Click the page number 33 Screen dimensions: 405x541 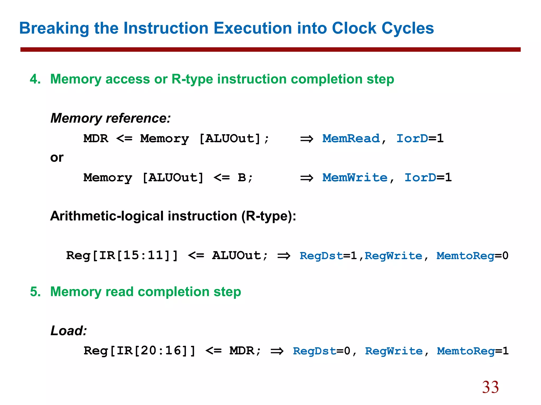coord(490,387)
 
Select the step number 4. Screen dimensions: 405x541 coord(35,79)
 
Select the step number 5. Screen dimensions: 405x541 coord(35,292)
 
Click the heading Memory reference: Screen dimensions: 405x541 coord(110,118)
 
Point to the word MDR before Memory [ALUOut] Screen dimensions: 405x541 coord(96,138)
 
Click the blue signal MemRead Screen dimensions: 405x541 coord(351,138)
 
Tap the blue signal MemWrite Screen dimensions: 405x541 coord(355,177)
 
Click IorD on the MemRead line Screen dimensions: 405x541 coord(412,138)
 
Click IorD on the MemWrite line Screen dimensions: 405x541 coord(420,177)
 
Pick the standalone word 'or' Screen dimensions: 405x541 coord(57,158)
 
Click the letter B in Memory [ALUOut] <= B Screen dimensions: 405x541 coord(242,177)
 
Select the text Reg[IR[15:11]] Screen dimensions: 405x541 coord(122,255)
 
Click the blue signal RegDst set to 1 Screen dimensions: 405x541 coord(321,256)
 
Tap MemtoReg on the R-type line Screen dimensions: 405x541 coord(465,256)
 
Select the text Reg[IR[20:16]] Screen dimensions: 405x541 coord(139,351)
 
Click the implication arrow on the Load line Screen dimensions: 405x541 coord(277,351)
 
